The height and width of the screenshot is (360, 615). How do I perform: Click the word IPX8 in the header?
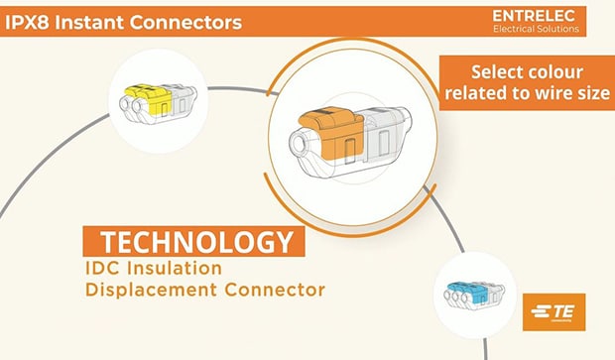pyautogui.click(x=30, y=20)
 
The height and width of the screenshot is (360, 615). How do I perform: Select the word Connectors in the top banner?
pyautogui.click(x=187, y=20)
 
